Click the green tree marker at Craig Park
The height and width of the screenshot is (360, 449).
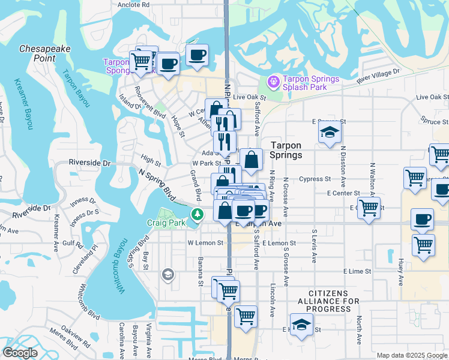pos(196,214)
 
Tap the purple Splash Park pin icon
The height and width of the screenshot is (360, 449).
pos(274,80)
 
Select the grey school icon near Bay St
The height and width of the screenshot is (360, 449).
pos(168,275)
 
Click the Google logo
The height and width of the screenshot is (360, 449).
pos(20,353)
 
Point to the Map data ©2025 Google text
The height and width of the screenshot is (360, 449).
pos(411,355)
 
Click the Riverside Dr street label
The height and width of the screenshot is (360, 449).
pos(90,163)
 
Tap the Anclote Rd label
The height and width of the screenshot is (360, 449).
pos(133,4)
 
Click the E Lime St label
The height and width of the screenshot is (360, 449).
pos(357,271)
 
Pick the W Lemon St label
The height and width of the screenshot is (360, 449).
pos(205,243)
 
